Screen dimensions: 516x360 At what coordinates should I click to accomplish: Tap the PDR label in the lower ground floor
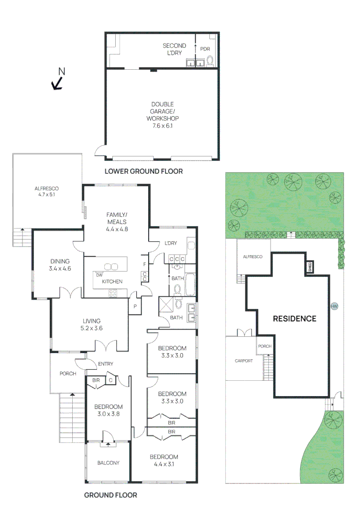pos(205,49)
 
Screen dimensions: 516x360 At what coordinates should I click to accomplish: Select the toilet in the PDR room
pos(209,61)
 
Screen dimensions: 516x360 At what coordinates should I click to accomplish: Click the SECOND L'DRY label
pos(174,49)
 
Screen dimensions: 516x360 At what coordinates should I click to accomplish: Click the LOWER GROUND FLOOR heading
pos(143,171)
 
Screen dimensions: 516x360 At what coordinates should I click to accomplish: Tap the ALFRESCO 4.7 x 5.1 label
pos(46,191)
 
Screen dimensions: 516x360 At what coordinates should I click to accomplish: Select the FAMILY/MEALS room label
pos(117,222)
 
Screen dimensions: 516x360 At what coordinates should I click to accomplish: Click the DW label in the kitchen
pos(99,275)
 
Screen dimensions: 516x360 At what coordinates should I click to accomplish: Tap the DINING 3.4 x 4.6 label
pos(60,265)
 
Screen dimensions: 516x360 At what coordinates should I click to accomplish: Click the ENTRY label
pos(105,364)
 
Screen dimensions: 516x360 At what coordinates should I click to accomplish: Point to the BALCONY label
pos(108,462)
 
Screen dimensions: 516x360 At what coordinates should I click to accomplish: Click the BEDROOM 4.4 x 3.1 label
pos(164,460)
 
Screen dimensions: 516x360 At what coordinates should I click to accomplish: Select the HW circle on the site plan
pos(333,306)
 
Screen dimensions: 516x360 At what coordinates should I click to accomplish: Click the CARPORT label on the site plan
pos(243,361)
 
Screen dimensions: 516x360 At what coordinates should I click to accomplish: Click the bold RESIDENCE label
pos(295,319)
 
